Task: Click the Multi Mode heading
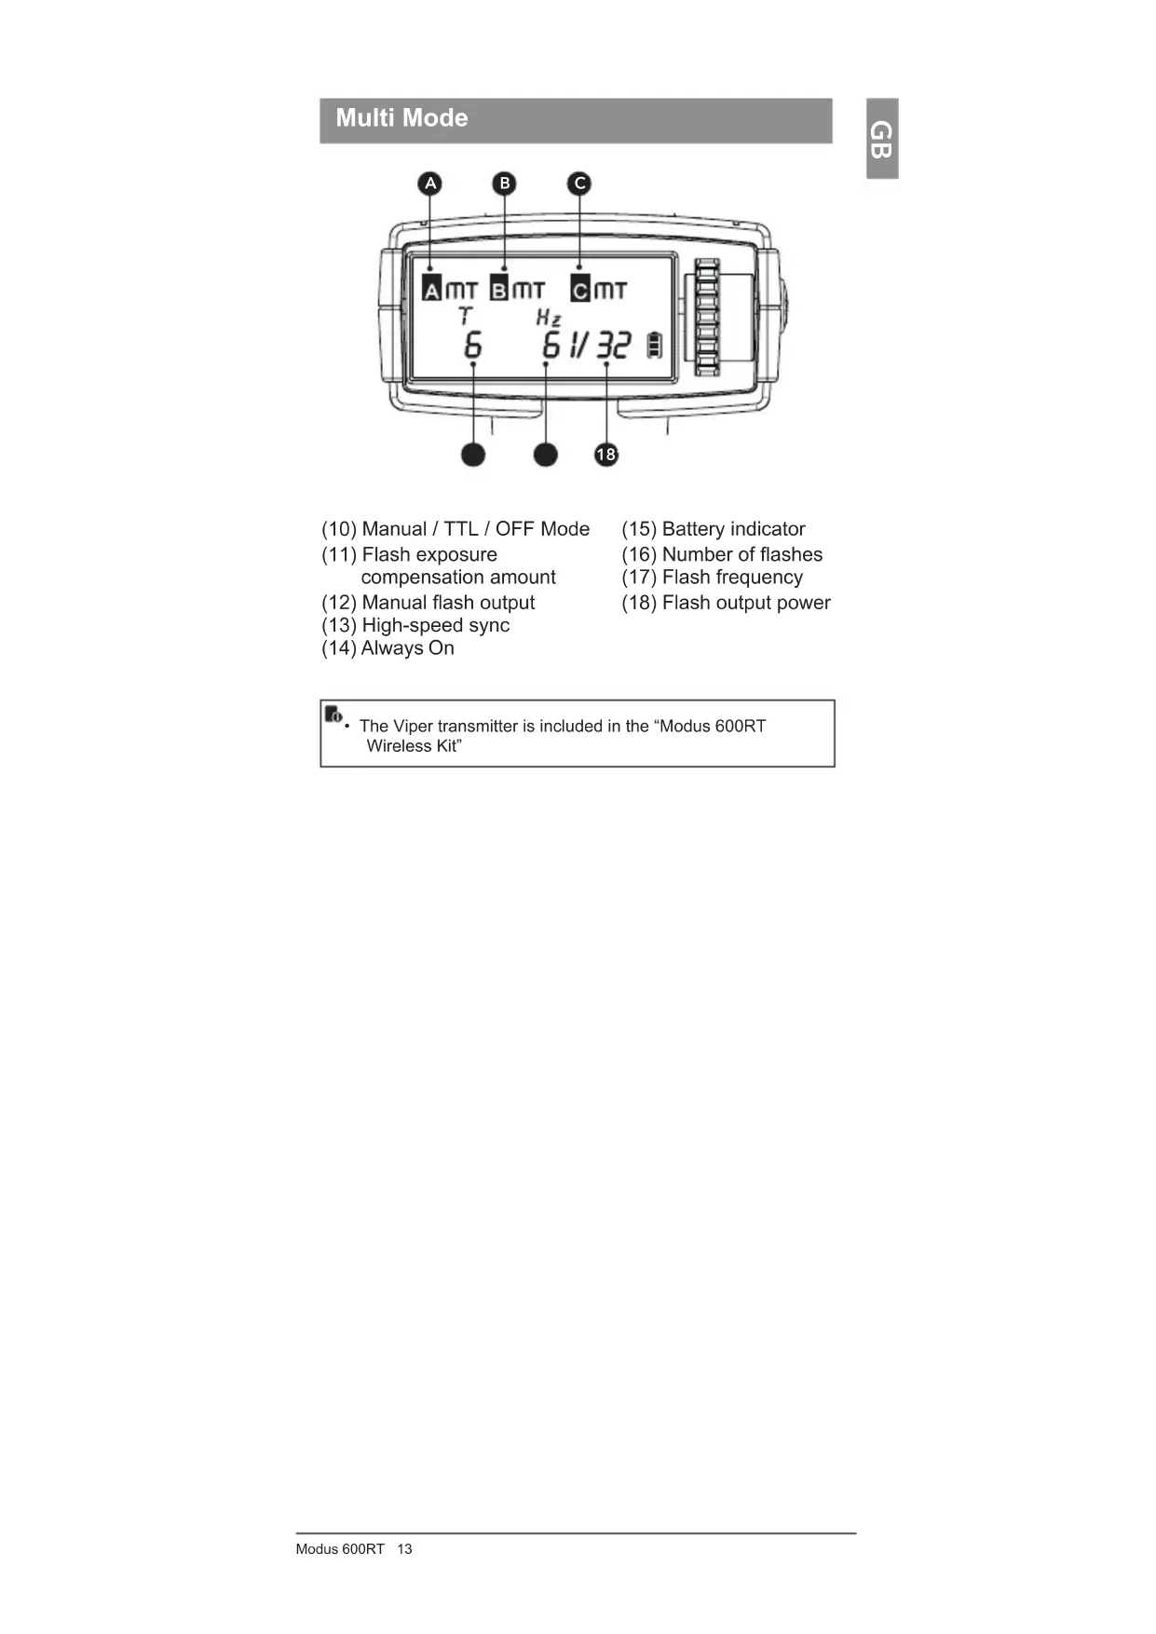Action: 401,118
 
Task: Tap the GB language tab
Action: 881,139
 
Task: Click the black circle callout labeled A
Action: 429,184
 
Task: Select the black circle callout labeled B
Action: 505,184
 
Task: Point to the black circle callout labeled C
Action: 579,184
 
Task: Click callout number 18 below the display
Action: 606,455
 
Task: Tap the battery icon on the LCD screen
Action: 655,345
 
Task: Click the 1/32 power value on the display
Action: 600,346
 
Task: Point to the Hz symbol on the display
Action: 548,318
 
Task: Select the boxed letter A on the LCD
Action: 431,290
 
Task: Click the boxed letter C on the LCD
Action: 580,290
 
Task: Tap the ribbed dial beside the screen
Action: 707,317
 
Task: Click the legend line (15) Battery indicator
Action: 713,529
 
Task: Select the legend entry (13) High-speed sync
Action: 415,625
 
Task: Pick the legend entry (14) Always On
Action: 388,648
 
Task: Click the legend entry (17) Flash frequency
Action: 712,578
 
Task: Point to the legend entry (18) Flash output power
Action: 726,603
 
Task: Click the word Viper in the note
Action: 413,727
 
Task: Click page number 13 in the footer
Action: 404,1549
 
